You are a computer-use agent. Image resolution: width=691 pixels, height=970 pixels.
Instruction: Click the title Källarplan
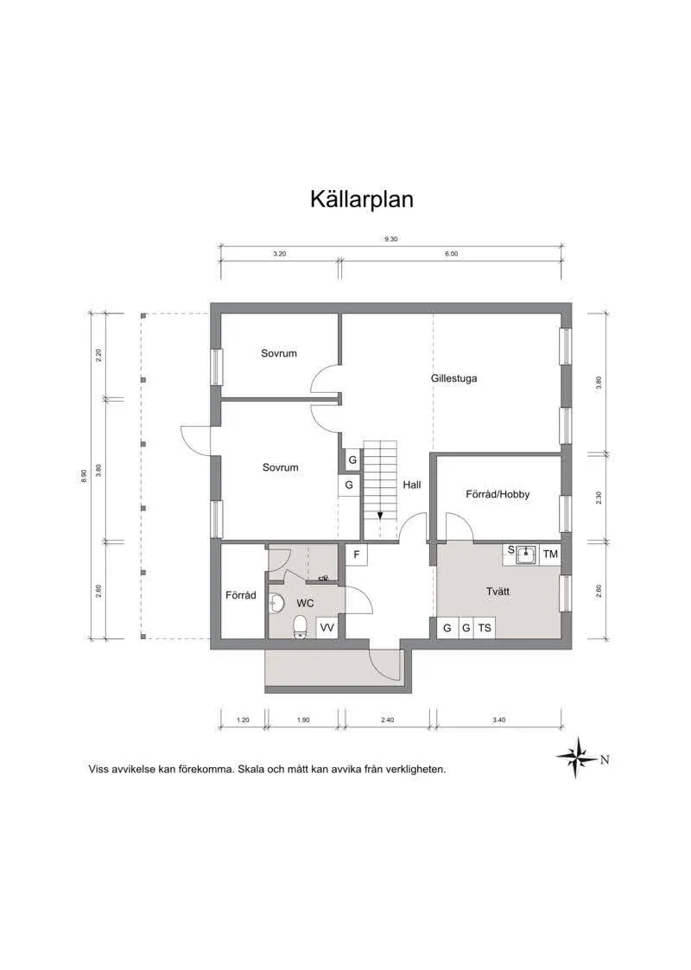tap(362, 200)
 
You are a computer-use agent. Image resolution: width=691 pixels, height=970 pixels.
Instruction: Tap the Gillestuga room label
tap(453, 378)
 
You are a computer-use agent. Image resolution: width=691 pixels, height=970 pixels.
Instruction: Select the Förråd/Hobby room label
tap(498, 495)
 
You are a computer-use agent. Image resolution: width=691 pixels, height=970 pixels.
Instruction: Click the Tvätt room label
tap(498, 592)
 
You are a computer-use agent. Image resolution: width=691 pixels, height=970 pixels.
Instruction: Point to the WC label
tap(305, 602)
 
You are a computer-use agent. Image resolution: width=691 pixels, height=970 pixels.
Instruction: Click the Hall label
tap(411, 485)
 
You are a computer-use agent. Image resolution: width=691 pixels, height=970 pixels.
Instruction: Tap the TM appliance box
tap(550, 554)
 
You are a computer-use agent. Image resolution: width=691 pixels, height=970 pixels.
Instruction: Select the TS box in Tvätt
tap(485, 628)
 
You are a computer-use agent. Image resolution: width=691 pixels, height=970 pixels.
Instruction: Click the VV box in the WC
tap(326, 628)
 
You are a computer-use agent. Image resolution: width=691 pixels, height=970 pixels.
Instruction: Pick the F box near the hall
tap(355, 554)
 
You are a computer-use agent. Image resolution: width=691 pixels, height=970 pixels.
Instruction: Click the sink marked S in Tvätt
tap(524, 554)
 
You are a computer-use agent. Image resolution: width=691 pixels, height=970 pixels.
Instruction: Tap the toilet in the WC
tap(300, 625)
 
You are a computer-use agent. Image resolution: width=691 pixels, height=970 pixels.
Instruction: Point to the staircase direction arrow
tap(379, 515)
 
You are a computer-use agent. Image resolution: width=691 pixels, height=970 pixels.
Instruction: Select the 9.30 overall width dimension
tap(390, 239)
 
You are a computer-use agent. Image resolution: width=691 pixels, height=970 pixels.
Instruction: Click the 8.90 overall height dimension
tap(84, 475)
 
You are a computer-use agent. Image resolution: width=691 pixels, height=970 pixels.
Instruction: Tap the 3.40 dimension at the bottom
tap(498, 720)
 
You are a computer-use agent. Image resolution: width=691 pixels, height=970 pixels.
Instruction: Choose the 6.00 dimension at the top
tap(451, 254)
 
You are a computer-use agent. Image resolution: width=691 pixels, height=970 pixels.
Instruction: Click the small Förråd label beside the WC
tap(241, 595)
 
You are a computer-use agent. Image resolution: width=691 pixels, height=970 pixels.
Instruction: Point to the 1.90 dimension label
tap(303, 720)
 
